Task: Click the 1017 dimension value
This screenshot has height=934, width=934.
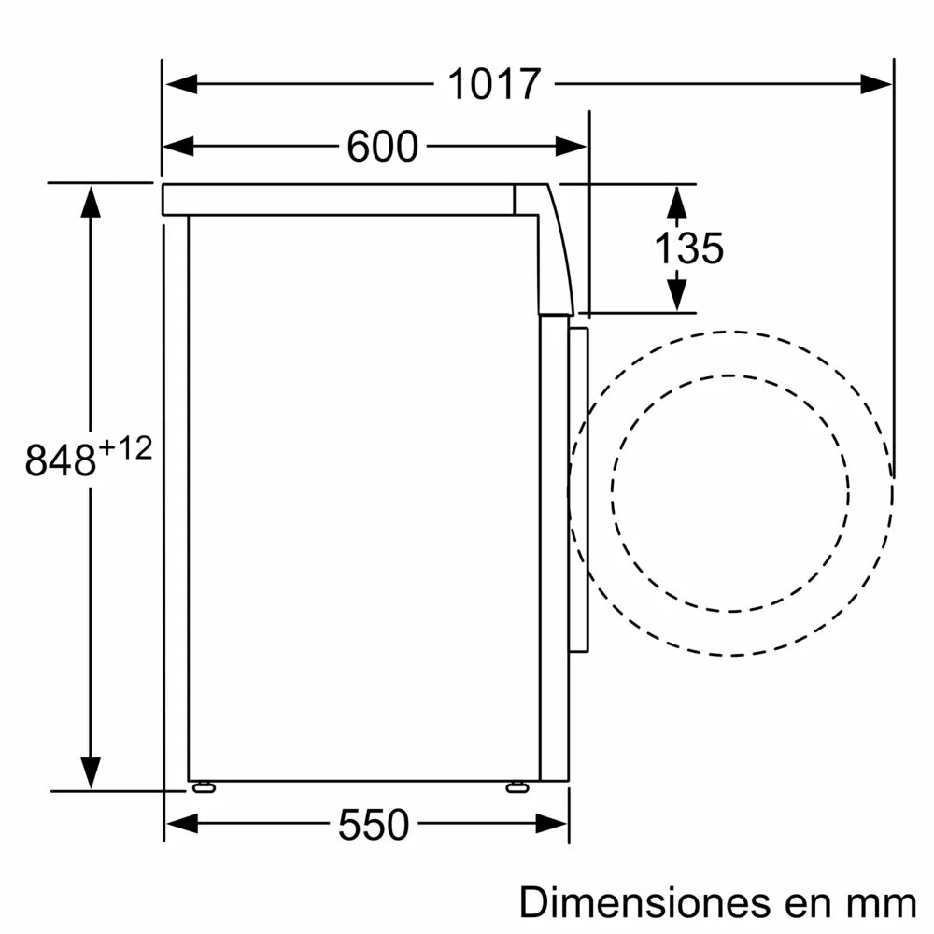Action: pos(494,85)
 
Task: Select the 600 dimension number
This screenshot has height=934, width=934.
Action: pos(382,147)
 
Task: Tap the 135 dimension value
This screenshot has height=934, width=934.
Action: pos(688,248)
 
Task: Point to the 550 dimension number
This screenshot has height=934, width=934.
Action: pos(374,825)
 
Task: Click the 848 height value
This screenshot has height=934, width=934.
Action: pos(61,460)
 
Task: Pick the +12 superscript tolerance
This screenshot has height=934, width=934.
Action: pos(124,448)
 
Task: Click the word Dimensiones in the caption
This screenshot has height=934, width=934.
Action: pos(641,902)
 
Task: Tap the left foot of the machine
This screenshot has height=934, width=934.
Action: pos(202,787)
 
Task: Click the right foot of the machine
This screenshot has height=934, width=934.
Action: pos(516,787)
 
